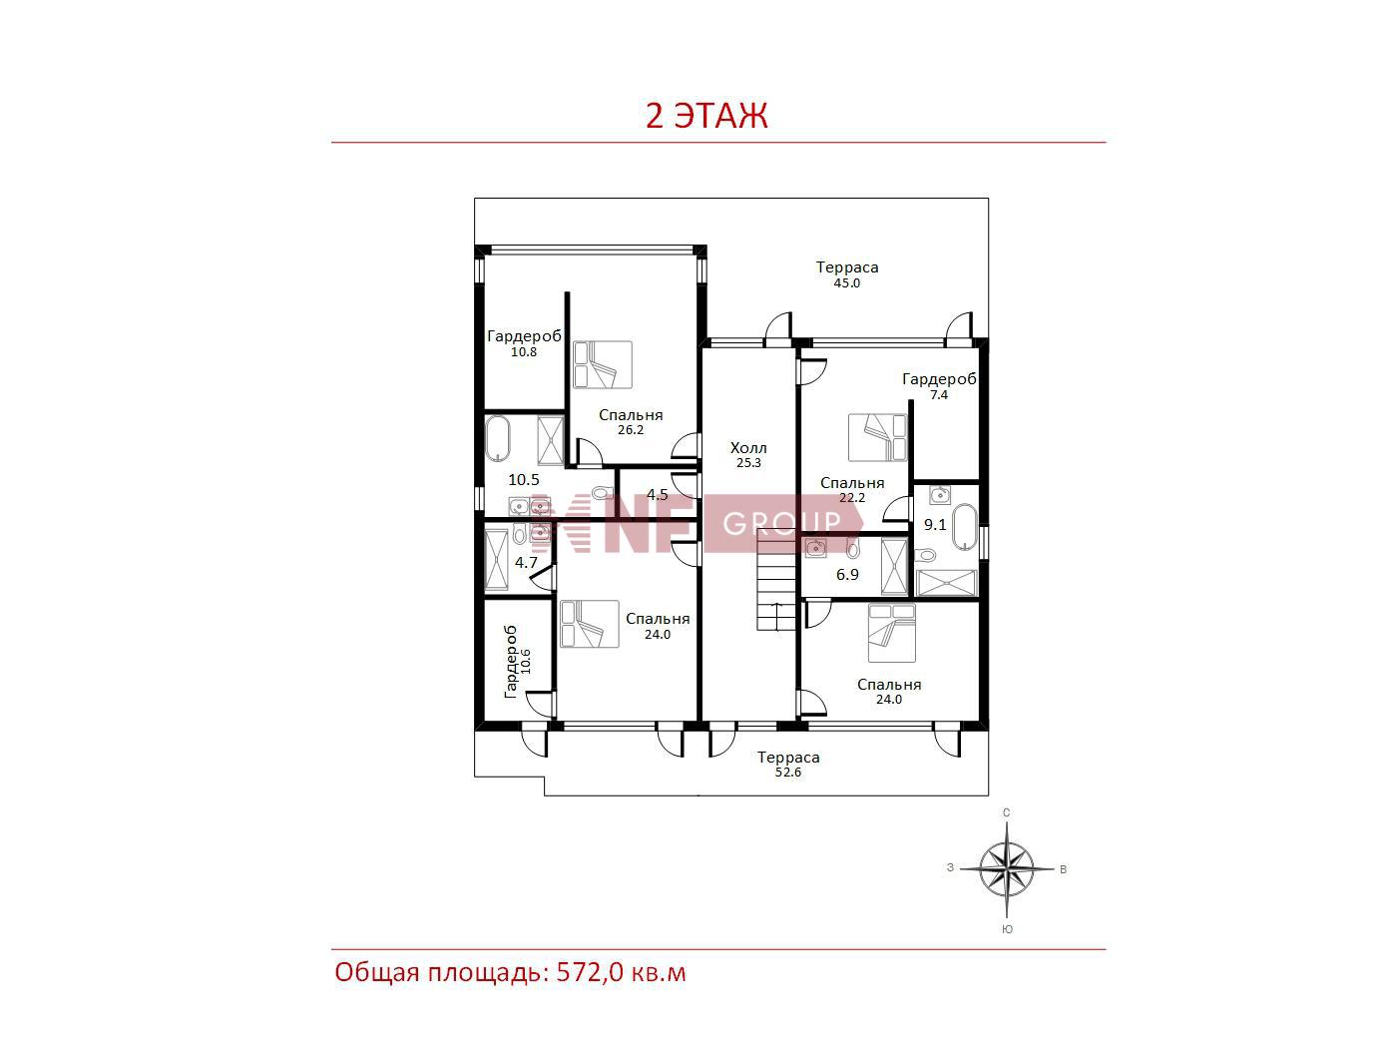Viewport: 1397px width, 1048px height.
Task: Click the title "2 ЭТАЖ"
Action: coord(706,116)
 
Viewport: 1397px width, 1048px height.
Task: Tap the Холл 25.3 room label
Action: coord(748,454)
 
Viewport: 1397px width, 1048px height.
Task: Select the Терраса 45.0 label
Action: coord(847,274)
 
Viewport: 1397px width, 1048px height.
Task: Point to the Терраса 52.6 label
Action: coord(788,765)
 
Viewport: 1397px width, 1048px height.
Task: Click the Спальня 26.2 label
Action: coord(631,422)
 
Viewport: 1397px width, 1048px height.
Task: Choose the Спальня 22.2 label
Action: coord(852,490)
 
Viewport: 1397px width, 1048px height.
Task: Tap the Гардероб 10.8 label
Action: coord(524,343)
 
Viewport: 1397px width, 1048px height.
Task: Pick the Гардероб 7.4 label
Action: coord(939,386)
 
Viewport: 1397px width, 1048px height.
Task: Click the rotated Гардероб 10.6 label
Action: coord(517,662)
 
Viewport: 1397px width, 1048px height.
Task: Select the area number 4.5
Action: coord(658,494)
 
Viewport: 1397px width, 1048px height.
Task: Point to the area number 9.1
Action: coord(935,525)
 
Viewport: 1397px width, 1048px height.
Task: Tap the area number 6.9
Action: coord(847,575)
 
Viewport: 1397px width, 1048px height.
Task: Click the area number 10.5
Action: coord(524,480)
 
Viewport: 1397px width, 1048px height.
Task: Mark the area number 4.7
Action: coord(526,563)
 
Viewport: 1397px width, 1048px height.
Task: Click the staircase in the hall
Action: coord(775,581)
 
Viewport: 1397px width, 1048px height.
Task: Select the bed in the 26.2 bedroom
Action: coord(603,364)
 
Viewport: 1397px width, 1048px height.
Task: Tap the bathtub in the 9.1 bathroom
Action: coord(964,528)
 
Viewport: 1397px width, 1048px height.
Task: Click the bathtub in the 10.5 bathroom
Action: coord(498,439)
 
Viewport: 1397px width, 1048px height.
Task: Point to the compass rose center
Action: coord(1006,869)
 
